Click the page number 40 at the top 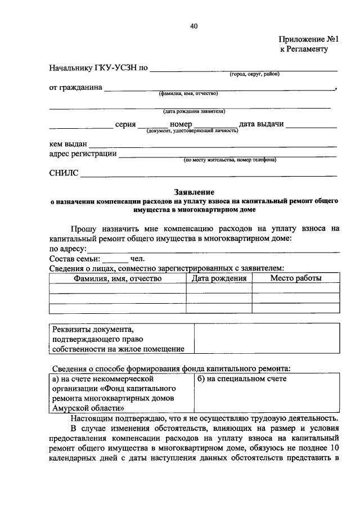point(194,26)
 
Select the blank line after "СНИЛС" point(208,175)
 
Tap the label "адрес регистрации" point(83,154)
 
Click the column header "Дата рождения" point(219,278)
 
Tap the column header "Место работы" point(296,278)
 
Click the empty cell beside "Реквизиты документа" point(267,339)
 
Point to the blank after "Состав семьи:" point(116,260)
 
